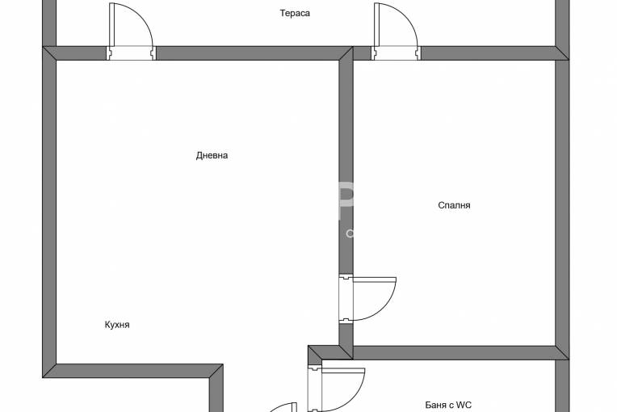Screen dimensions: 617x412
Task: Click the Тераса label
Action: (295, 13)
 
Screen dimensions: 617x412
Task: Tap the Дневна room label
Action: (212, 155)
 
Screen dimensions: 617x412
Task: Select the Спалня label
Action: (454, 205)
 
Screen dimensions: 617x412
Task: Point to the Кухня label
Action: (117, 325)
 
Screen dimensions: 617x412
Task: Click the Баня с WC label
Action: (448, 405)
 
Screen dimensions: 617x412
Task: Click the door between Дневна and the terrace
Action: (131, 32)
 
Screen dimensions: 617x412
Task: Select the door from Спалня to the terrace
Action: (396, 32)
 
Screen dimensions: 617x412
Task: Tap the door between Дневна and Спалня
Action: (367, 299)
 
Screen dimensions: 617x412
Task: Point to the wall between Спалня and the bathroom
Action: (460, 353)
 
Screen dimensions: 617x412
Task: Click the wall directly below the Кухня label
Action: (132, 371)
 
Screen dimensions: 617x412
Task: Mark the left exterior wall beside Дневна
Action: (49, 212)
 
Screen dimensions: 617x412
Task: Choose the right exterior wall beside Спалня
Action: (562, 203)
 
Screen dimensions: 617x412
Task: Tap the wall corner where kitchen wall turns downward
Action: (216, 371)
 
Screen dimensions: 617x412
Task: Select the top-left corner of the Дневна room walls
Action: (49, 53)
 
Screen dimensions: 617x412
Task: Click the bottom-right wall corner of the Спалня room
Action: (562, 353)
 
